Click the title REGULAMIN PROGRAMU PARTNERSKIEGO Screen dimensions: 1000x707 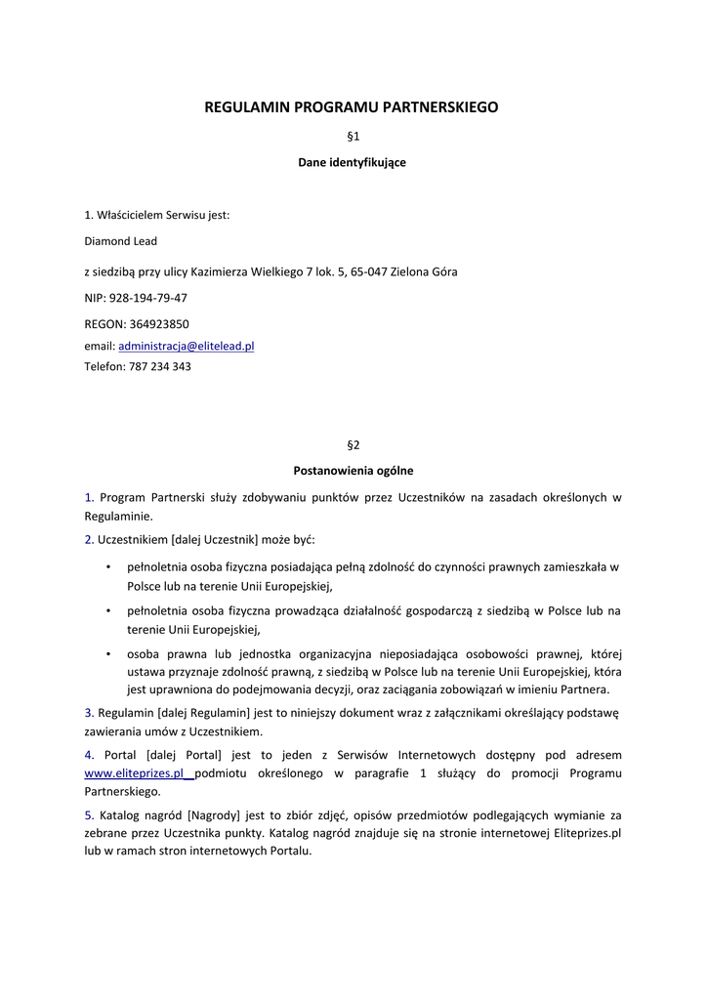[353, 107]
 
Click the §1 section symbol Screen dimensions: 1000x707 [353, 138]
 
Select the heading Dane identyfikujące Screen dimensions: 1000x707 [353, 162]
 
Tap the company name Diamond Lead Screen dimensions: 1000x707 [120, 241]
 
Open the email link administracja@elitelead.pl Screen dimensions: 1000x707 [186, 346]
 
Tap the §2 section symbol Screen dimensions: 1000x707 [353, 444]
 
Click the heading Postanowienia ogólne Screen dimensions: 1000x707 [353, 470]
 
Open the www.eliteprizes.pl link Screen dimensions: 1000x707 [135, 772]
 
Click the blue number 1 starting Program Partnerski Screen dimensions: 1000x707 [88, 497]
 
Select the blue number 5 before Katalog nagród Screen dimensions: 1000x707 [88, 814]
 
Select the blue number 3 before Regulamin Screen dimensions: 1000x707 [88, 712]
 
